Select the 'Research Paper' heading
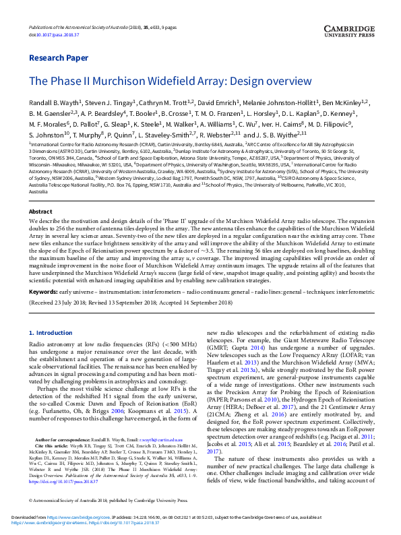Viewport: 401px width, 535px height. [x=59, y=58]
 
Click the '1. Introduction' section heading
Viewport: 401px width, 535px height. [x=53, y=333]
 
